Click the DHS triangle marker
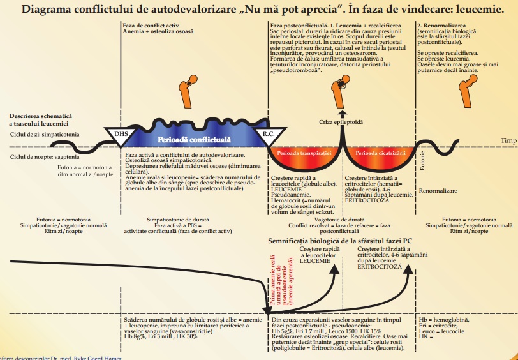click(x=121, y=134)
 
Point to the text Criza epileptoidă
click(x=341, y=121)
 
